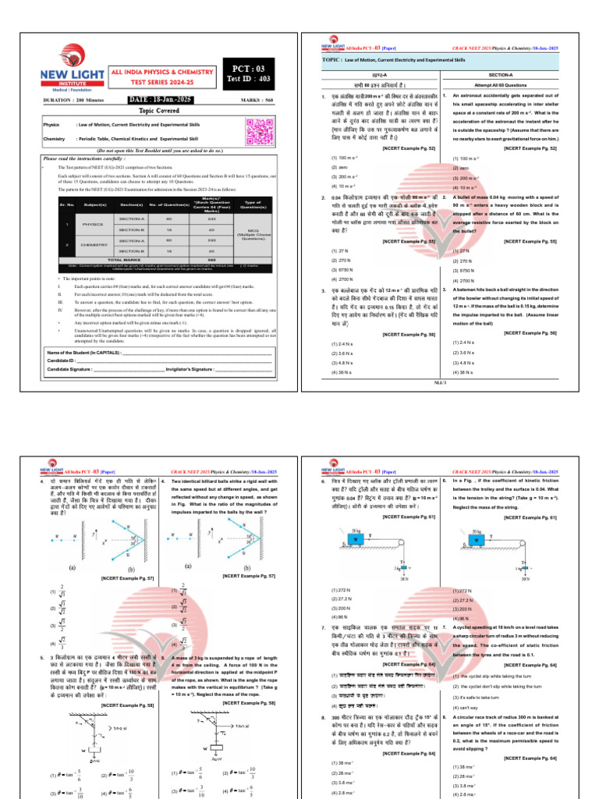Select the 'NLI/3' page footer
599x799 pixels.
tap(439, 383)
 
